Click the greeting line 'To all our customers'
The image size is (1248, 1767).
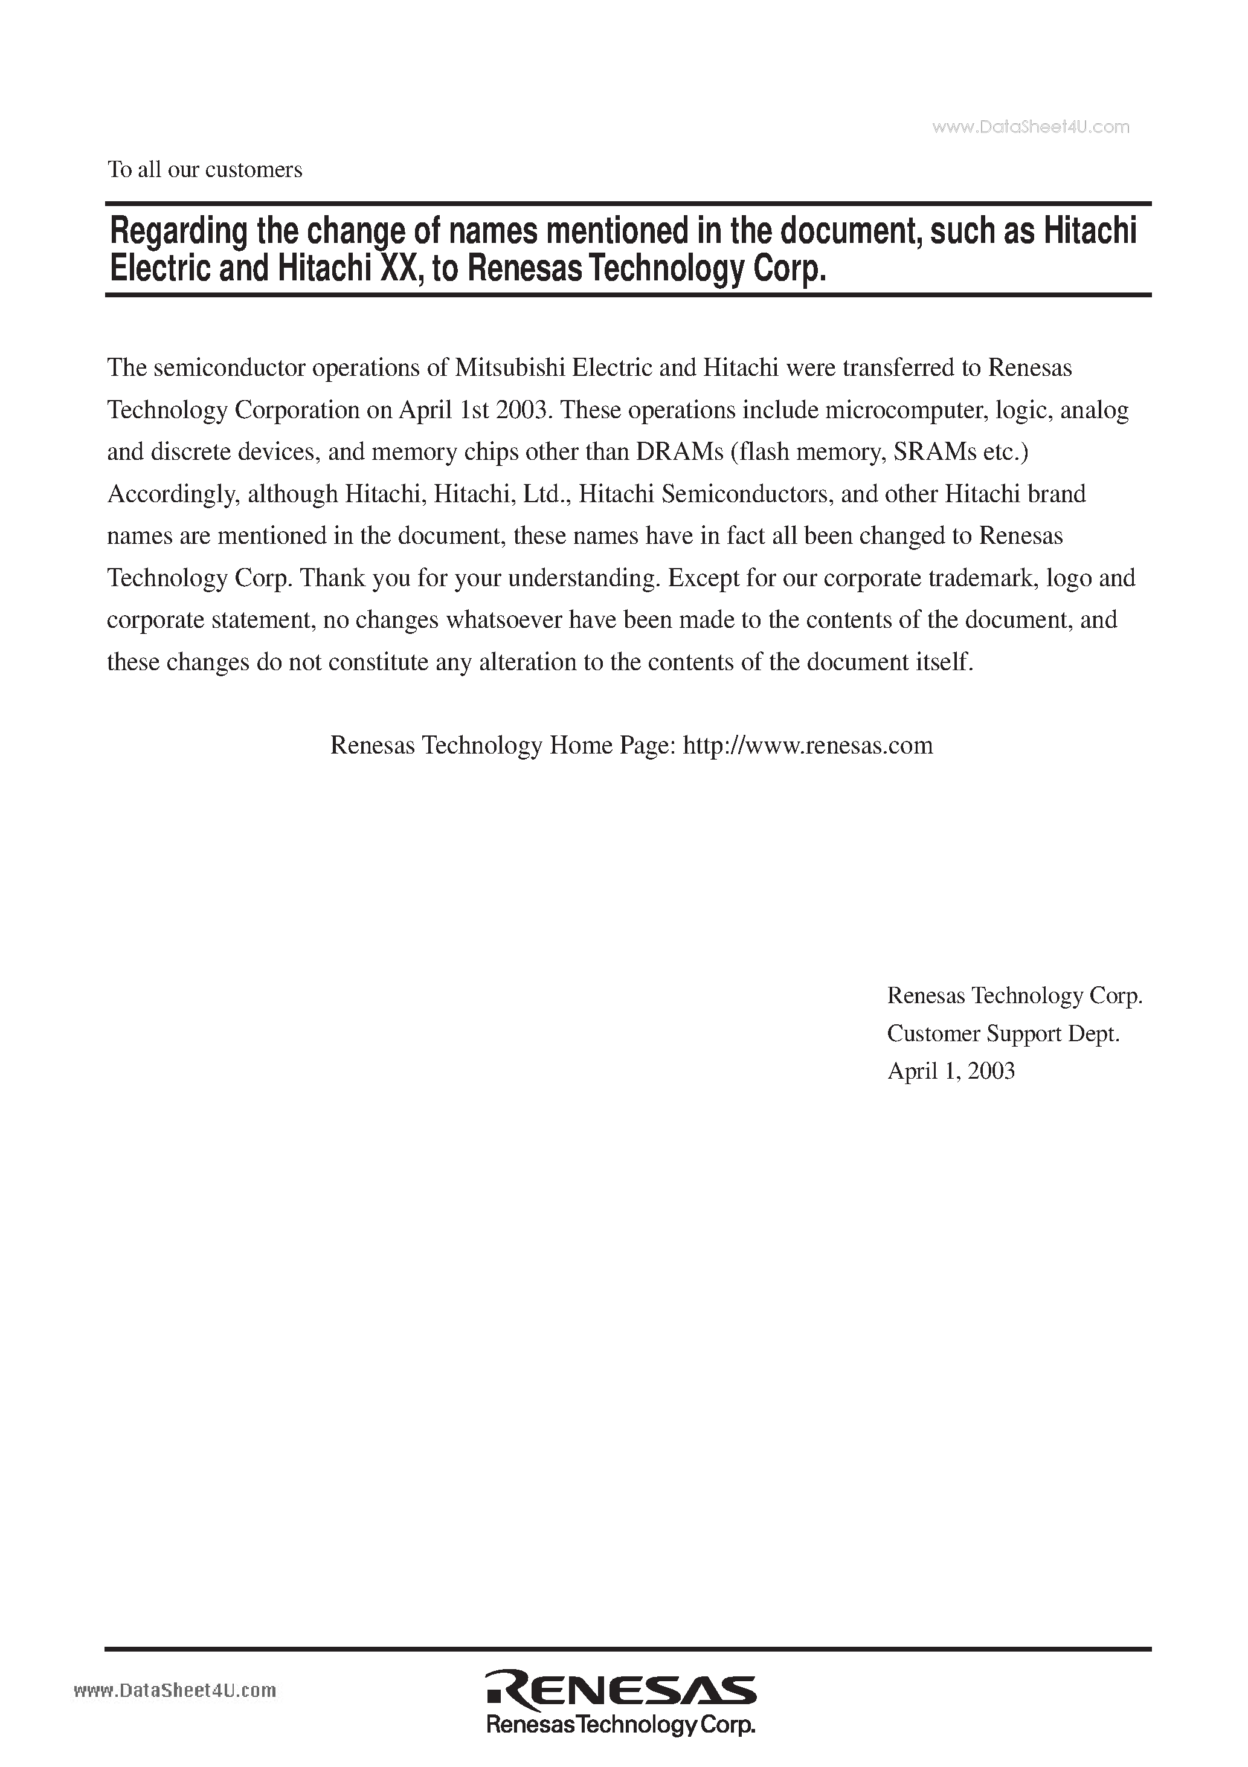(205, 170)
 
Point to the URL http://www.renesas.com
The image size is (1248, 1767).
(808, 745)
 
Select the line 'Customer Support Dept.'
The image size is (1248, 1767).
(1003, 1033)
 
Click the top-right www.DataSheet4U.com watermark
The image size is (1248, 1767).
(1031, 128)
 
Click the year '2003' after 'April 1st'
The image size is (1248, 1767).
(521, 410)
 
